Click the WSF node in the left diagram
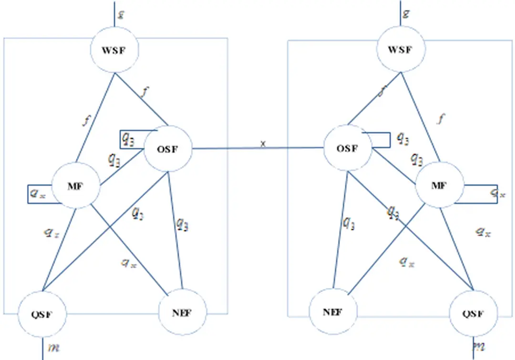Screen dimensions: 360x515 click(x=114, y=50)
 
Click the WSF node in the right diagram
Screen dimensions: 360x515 click(x=400, y=50)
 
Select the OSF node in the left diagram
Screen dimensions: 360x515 click(x=167, y=149)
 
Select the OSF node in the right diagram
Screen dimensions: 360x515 click(x=347, y=148)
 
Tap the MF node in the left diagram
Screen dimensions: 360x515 click(x=75, y=186)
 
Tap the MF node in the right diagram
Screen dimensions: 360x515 click(x=439, y=185)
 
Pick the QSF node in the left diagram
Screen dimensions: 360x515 click(x=42, y=315)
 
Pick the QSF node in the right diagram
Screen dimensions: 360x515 click(x=474, y=314)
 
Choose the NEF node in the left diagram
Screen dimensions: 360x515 click(x=183, y=313)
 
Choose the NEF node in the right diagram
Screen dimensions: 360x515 click(x=333, y=312)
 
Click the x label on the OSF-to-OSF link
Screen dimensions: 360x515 click(x=263, y=144)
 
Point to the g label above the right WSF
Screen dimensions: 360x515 click(x=406, y=13)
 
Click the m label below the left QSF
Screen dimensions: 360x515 click(x=54, y=347)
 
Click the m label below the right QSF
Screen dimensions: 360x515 click(x=479, y=346)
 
